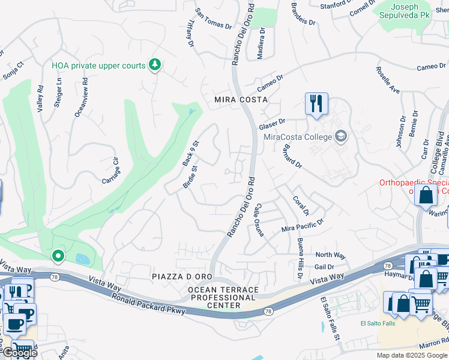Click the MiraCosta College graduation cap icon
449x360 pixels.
[342, 137]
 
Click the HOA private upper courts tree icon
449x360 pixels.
[155, 65]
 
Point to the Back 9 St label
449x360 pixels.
[190, 154]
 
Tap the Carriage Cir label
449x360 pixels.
[112, 171]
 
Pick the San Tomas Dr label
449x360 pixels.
[214, 19]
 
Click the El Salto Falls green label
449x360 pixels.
[379, 324]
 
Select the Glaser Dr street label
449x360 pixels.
[271, 124]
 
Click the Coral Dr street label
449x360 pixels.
[301, 205]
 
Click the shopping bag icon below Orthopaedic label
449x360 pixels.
[426, 196]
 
